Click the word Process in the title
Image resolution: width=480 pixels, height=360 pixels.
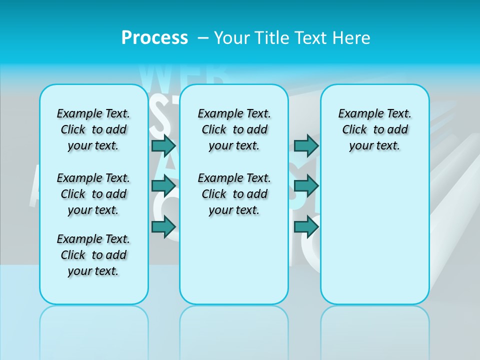point(154,37)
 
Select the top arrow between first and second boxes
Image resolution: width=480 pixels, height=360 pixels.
point(163,146)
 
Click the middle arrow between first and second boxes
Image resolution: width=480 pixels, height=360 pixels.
point(163,186)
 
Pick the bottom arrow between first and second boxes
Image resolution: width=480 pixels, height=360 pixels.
point(163,227)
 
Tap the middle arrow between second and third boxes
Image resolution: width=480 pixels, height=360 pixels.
point(306,186)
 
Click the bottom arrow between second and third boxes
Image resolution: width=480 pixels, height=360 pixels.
point(306,227)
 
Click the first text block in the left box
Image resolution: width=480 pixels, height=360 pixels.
point(93,129)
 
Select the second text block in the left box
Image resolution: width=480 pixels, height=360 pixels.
point(93,194)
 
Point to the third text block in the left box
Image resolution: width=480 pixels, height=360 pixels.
point(93,255)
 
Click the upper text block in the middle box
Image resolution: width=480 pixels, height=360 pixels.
point(234,129)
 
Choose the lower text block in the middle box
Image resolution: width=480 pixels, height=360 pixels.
point(234,194)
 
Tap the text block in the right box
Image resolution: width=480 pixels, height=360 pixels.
point(374,129)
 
